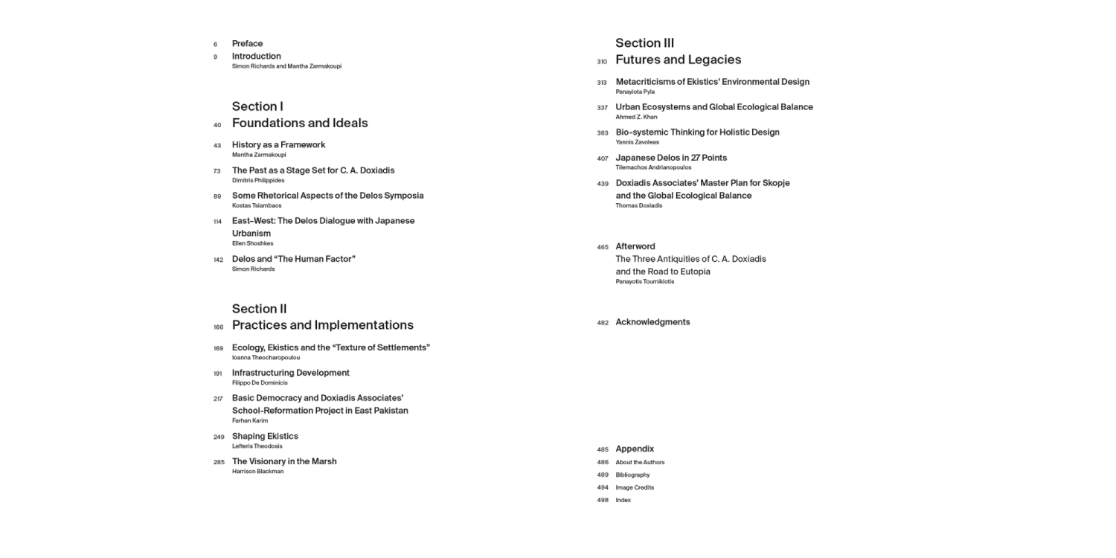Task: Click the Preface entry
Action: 247,44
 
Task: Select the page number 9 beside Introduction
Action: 215,57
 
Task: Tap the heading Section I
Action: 257,106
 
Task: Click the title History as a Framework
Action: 278,145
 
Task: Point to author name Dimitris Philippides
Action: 258,180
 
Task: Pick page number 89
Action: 217,196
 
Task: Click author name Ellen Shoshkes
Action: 252,243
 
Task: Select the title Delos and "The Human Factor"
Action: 294,260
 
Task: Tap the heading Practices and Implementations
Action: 322,325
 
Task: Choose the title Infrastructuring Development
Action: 290,373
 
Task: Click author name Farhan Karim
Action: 250,420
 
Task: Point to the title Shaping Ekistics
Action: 265,436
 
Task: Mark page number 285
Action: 219,462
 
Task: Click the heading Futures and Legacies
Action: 678,60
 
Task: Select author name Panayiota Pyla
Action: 635,92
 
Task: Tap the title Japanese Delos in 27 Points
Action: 671,158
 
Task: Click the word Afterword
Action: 635,246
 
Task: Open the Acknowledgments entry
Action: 652,322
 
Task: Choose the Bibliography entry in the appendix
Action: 632,475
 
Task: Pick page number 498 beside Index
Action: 603,501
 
